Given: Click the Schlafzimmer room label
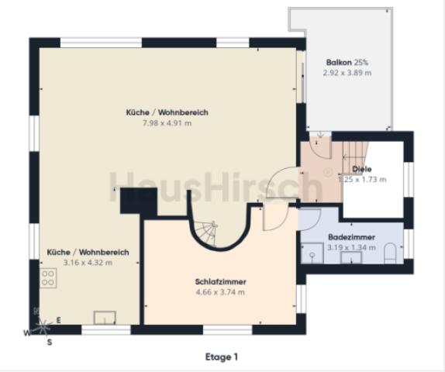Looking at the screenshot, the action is pos(220,282).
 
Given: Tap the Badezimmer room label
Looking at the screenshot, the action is pos(352,237).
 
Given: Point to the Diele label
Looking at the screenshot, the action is pos(362,169).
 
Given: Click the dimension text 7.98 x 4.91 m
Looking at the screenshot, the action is pos(167,123).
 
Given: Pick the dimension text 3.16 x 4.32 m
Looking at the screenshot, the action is pos(88,263).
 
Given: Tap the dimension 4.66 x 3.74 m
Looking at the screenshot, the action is pos(220,292).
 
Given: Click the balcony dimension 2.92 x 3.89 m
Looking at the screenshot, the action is pos(347,73).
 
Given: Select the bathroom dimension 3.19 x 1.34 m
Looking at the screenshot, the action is pos(352,247).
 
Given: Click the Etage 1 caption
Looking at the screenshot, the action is pos(222,356).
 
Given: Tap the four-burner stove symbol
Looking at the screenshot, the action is pos(48,278).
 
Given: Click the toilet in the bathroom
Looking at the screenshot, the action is pos(390,253).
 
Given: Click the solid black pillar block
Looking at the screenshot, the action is pos(139,201).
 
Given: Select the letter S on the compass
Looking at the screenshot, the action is pos(50,343).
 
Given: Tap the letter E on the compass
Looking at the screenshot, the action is pos(58,320).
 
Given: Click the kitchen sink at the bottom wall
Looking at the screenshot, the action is pos(105,318).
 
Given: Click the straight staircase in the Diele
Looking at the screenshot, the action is pos(355,157).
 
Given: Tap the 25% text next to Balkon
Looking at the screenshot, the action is pos(360,62).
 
